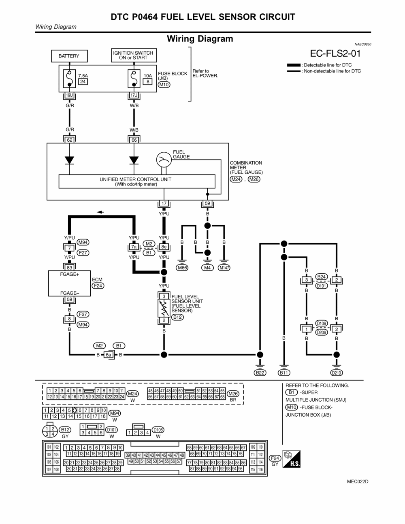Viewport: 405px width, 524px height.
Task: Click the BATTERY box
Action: tap(69, 56)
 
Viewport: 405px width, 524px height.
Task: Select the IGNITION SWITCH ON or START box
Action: tap(133, 55)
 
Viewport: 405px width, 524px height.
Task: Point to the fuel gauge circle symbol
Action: tap(164, 160)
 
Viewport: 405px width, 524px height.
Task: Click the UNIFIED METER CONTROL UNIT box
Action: tap(137, 181)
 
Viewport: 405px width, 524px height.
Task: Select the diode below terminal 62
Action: tap(70, 160)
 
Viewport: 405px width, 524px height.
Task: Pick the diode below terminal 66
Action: tap(134, 160)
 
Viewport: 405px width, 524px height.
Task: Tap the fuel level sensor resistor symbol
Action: tap(164, 309)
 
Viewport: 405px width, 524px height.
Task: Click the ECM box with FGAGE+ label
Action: tap(69, 283)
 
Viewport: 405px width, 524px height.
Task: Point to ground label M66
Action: tap(183, 268)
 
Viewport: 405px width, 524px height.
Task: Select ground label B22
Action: tap(260, 373)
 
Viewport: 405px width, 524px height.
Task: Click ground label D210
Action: tap(336, 373)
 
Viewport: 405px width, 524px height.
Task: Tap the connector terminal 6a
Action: tap(109, 355)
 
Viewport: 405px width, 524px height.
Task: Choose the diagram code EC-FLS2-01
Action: tap(335, 53)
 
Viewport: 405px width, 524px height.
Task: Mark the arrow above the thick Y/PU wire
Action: tap(100, 212)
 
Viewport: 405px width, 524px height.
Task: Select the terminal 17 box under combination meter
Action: tap(164, 203)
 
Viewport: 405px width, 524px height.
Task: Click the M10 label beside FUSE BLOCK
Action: tap(164, 85)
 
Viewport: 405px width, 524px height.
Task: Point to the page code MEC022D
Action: tap(358, 481)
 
